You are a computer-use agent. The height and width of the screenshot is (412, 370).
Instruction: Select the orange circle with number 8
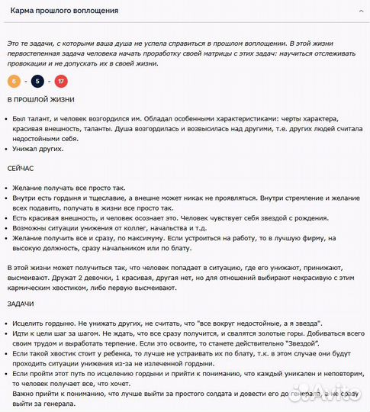pos(14,81)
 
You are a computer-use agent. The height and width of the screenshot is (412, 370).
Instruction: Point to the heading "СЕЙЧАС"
pos(22,168)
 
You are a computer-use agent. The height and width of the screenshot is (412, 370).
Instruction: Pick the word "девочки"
pos(71,277)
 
